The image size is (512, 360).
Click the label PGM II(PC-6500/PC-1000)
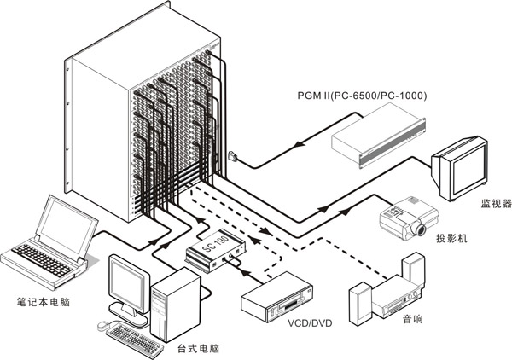coord(362,96)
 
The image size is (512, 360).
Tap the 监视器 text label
coord(496,204)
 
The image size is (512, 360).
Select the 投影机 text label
coord(452,238)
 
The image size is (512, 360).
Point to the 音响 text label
coord(413,319)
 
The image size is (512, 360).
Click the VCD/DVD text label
coord(310,323)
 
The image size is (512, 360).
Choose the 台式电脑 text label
coord(198,349)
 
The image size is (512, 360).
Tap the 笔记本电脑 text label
coord(44,302)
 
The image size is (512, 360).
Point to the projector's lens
coord(420,229)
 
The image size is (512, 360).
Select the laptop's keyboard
coord(42,260)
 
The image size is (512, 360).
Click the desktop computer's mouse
coord(103,325)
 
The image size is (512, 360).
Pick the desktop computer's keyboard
coord(135,340)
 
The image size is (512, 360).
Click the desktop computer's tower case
coord(175,305)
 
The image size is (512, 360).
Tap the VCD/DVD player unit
coord(276,298)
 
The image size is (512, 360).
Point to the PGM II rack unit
coord(379,136)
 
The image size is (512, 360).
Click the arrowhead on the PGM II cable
coord(299,144)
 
